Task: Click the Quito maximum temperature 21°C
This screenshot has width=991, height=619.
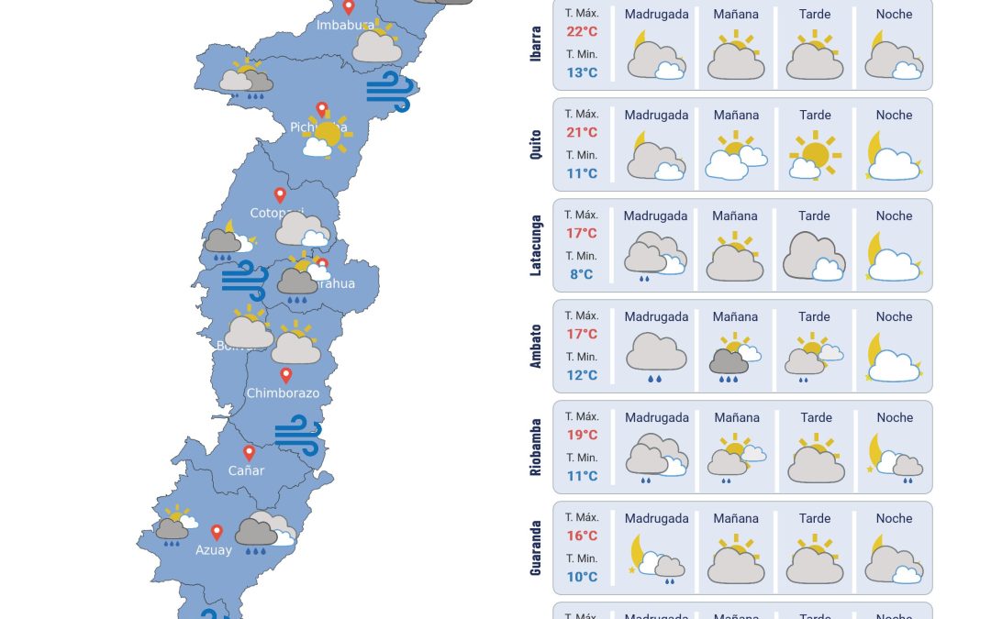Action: [x=582, y=132]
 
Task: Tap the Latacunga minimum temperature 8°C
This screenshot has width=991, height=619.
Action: [x=582, y=274]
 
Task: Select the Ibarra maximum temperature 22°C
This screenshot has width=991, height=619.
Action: [x=582, y=31]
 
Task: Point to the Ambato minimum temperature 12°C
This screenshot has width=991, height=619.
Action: [x=582, y=375]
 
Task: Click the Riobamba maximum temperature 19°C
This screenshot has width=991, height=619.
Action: [x=582, y=435]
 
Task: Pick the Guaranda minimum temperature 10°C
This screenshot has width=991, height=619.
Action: [x=582, y=577]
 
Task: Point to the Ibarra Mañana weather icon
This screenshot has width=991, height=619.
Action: [x=736, y=56]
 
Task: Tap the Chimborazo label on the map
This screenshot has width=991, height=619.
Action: [x=283, y=393]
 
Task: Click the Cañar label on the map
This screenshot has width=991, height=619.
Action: [x=246, y=470]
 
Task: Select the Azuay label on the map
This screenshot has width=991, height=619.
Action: [x=214, y=550]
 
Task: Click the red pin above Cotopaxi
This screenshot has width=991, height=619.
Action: [x=280, y=194]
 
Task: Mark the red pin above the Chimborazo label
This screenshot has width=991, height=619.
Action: [x=285, y=374]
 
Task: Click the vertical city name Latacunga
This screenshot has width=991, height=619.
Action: [x=536, y=246]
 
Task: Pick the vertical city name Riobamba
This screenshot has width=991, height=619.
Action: [x=536, y=448]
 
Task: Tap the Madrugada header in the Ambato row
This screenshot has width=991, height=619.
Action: [x=656, y=316]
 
